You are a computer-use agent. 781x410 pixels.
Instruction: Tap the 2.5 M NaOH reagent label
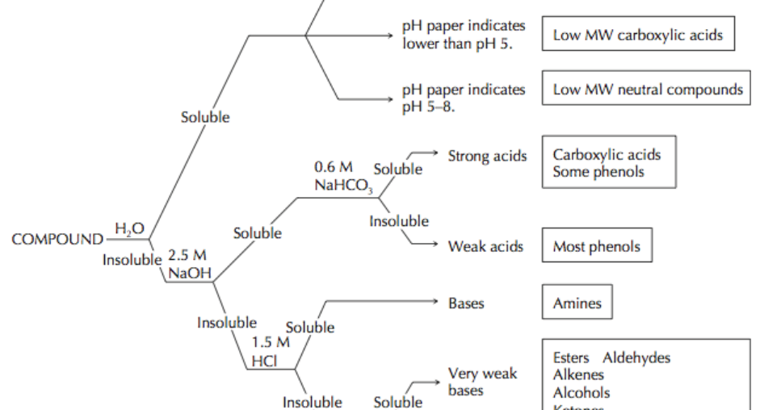(188, 265)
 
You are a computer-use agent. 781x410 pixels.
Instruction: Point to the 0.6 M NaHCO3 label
(338, 175)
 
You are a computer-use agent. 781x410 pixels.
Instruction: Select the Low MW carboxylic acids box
(638, 36)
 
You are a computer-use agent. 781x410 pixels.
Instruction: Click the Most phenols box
(596, 247)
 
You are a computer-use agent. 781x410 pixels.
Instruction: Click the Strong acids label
(487, 156)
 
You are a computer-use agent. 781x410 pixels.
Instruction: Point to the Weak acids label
(485, 246)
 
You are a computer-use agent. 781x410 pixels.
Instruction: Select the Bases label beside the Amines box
(466, 303)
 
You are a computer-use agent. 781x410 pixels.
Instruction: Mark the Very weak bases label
(481, 382)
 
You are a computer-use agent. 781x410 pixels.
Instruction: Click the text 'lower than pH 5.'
(456, 43)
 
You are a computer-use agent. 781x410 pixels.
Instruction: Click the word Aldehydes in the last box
(636, 358)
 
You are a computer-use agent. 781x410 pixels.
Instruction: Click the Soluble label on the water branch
(204, 118)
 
